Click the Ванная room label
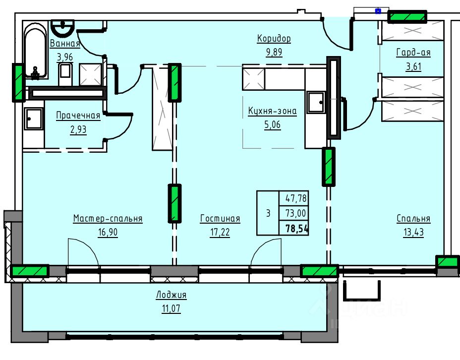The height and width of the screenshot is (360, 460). (x=65, y=44)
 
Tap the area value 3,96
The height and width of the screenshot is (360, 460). (x=64, y=57)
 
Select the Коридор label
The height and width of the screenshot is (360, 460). (x=274, y=39)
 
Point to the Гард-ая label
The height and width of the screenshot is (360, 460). (x=413, y=53)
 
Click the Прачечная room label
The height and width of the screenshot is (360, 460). (x=78, y=116)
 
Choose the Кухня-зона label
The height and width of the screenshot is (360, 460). (x=272, y=111)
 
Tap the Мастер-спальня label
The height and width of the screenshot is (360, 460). (x=108, y=219)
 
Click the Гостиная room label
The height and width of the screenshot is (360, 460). (x=220, y=219)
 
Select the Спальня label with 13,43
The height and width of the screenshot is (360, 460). (x=413, y=219)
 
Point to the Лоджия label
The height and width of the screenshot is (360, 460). (x=171, y=295)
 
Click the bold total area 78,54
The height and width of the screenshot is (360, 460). (x=297, y=228)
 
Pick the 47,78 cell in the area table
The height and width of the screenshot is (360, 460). (x=296, y=198)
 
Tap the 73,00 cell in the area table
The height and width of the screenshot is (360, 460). (x=296, y=213)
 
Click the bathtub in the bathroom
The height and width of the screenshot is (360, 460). (x=35, y=50)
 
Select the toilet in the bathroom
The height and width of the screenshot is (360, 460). (x=65, y=74)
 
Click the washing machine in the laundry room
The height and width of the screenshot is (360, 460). (x=34, y=119)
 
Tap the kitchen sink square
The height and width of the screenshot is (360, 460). (x=316, y=102)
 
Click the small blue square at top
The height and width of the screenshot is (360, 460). (x=378, y=11)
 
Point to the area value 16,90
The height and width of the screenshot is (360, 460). (x=108, y=233)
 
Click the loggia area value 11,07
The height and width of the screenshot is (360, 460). (x=171, y=308)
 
